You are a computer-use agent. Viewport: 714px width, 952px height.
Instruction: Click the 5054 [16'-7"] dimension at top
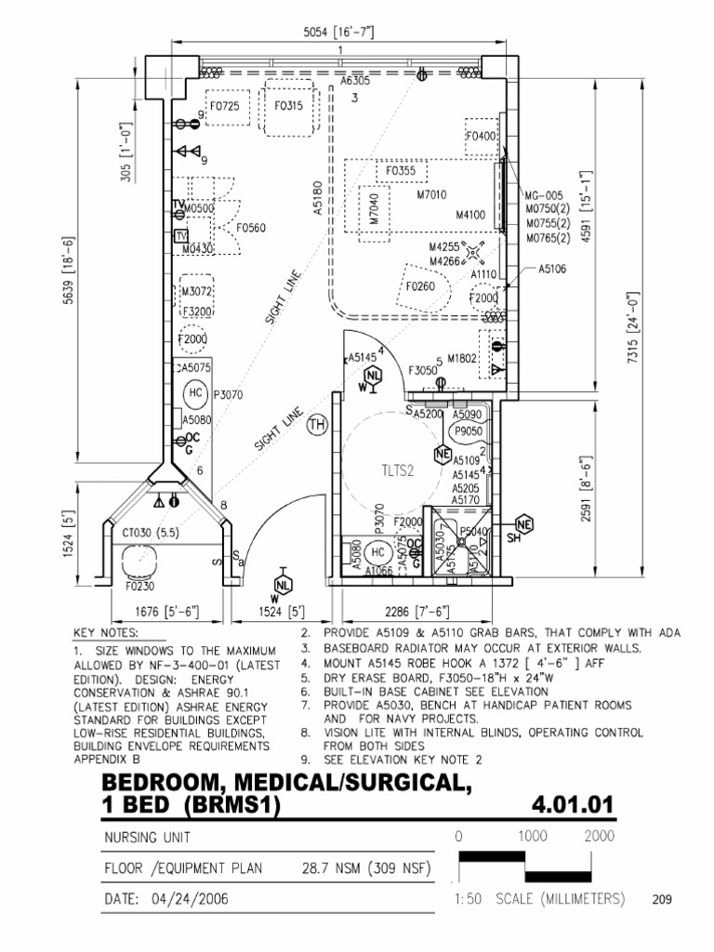coord(339,32)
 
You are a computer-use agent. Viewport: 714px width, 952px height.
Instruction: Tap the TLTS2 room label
coord(395,470)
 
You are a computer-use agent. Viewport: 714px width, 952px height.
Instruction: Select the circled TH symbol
coord(318,426)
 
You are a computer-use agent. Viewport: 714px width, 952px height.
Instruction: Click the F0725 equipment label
coord(224,106)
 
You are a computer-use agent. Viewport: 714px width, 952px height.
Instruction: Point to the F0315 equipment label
coord(288,106)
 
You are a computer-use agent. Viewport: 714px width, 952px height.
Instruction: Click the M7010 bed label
coord(431,194)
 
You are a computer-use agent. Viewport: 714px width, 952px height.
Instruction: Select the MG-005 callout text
coord(544,196)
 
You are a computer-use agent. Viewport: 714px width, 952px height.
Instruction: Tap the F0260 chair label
coord(420,287)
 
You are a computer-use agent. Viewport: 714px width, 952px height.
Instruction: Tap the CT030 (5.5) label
coord(150,534)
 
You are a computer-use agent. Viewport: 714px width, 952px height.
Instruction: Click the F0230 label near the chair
coord(139,587)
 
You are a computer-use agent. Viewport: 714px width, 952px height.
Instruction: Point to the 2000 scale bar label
coord(599,836)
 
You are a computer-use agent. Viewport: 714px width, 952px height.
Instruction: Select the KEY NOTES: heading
coord(105,633)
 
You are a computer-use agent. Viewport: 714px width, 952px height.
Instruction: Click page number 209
coord(662,900)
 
